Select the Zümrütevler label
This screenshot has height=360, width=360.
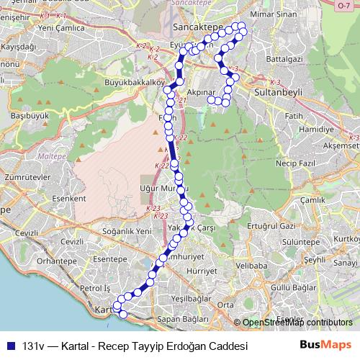(25, 175)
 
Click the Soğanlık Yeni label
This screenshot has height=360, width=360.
(127, 230)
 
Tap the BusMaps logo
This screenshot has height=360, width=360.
(325, 345)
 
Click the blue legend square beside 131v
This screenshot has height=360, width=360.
(11, 346)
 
